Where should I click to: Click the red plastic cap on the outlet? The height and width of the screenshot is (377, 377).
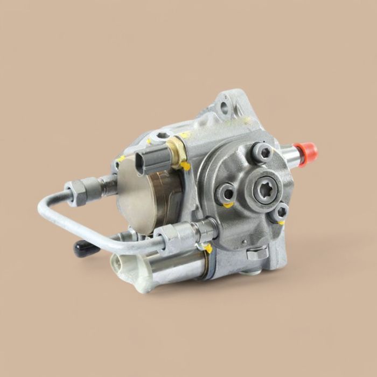(308, 153)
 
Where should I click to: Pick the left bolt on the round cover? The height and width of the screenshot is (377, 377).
(226, 192)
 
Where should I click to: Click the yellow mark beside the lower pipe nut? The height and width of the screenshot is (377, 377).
(208, 248)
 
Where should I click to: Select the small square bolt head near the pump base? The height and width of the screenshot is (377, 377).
(257, 252)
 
